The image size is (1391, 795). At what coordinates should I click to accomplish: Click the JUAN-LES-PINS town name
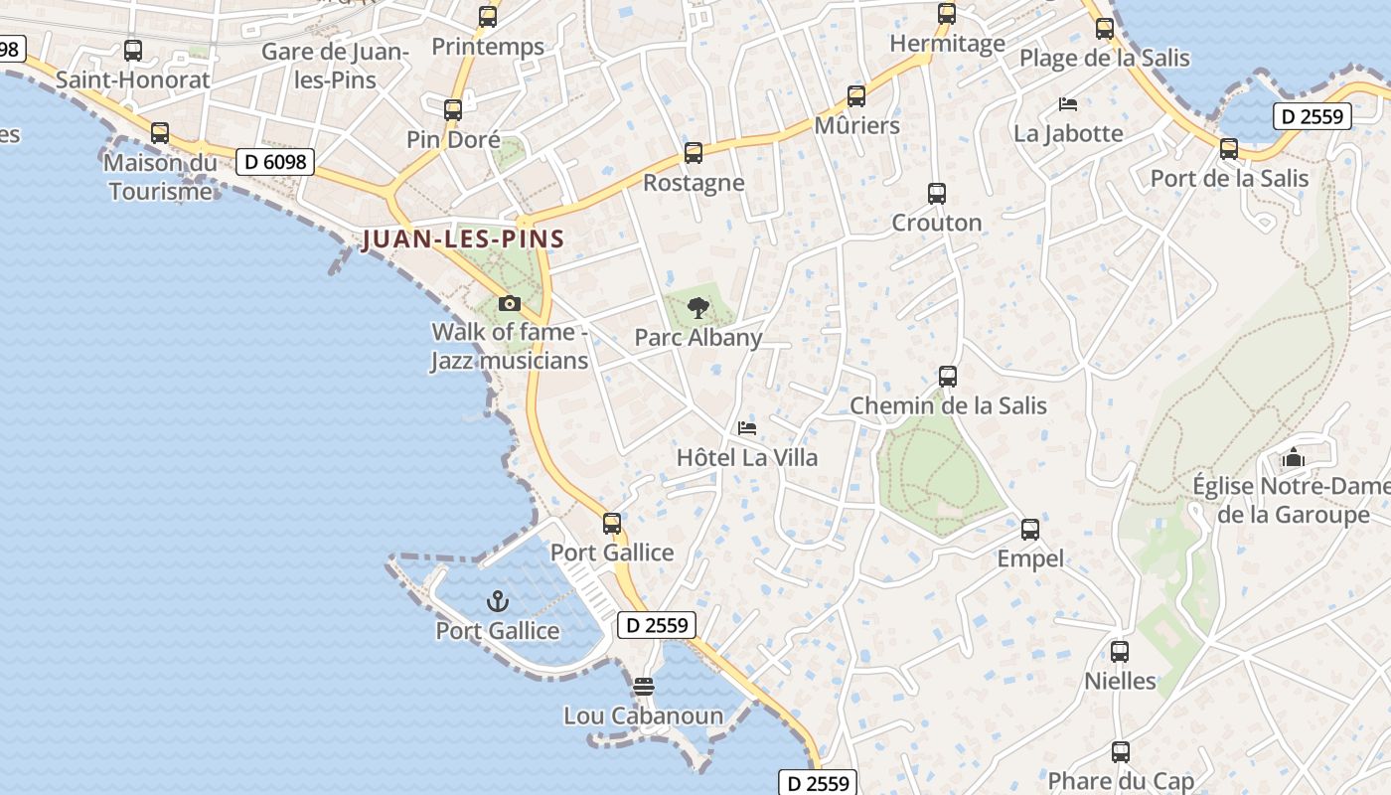click(x=463, y=239)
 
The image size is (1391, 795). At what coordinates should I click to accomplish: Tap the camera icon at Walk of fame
click(x=509, y=303)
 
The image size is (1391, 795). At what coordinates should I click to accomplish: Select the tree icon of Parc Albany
click(x=698, y=307)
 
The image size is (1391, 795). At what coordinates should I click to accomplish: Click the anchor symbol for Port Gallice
click(x=497, y=601)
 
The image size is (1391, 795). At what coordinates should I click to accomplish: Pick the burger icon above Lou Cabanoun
click(x=644, y=687)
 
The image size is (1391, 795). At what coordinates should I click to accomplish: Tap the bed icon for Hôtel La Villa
click(x=747, y=428)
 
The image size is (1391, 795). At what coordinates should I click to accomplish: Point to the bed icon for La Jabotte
click(x=1068, y=103)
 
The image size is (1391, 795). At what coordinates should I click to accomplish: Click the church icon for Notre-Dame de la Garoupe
click(x=1293, y=457)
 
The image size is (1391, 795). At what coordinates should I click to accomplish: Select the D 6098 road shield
click(x=275, y=161)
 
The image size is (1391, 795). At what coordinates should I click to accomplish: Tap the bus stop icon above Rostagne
click(x=694, y=153)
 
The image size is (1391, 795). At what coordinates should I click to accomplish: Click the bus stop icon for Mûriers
click(x=856, y=96)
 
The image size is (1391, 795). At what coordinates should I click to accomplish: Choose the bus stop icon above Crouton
click(x=936, y=194)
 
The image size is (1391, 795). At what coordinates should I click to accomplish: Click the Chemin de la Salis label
click(x=948, y=405)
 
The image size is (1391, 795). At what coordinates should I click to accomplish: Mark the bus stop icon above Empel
click(x=1030, y=530)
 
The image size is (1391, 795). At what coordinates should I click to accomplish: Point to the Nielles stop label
click(x=1120, y=682)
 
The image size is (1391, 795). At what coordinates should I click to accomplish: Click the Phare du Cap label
click(x=1121, y=782)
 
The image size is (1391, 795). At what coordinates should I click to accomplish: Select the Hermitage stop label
click(x=947, y=44)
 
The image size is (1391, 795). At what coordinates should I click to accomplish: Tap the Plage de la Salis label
click(x=1104, y=58)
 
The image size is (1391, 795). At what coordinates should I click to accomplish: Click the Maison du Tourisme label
click(x=160, y=177)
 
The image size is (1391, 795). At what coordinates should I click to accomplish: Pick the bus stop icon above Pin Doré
click(x=453, y=110)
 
